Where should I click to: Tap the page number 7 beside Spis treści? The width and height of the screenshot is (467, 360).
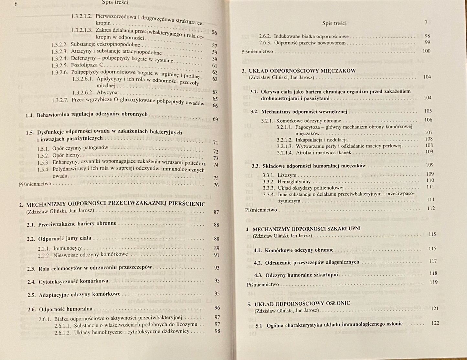point(426,23)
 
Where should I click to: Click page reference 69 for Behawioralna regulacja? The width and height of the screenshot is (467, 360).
point(215,119)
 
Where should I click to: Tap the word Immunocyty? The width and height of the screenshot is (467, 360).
point(68,248)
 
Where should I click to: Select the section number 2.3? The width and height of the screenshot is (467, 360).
point(31,268)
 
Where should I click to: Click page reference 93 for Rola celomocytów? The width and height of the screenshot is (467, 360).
point(217,268)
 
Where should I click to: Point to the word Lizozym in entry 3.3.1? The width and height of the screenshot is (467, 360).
point(287,175)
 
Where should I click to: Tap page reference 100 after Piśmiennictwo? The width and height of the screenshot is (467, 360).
point(426,51)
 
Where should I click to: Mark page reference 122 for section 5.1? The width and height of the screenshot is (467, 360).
point(435,323)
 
